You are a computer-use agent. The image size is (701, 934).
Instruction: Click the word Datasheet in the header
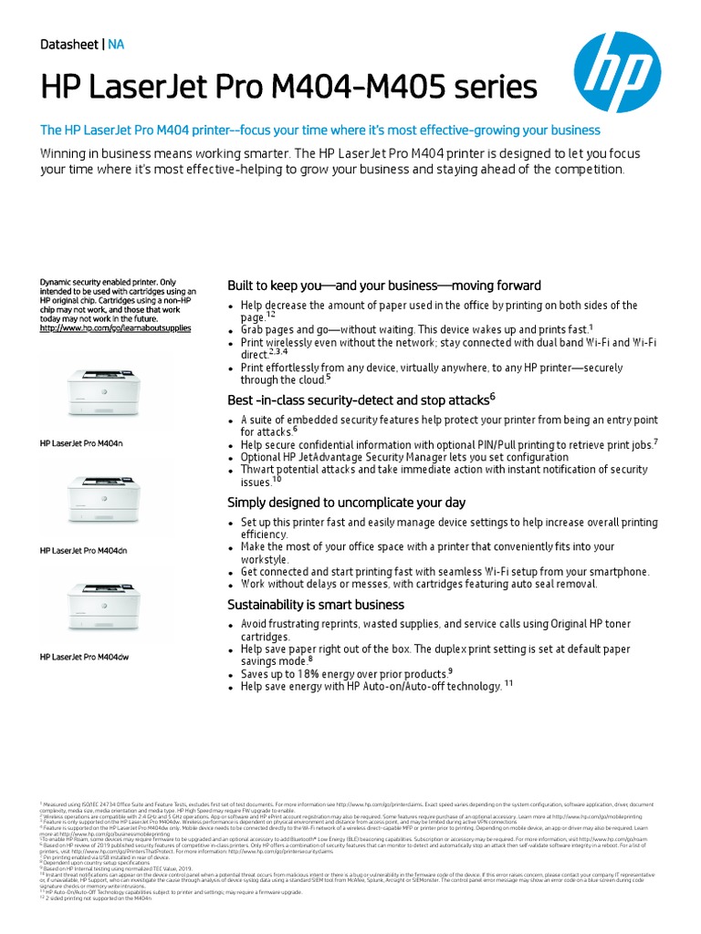[70, 44]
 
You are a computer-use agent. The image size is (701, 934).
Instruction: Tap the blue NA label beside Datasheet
[116, 44]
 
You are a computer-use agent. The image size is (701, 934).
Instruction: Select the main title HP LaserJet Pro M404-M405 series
[289, 88]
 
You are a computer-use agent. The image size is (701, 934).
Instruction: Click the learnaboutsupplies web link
[115, 327]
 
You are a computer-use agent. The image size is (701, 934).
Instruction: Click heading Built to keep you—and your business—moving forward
[383, 285]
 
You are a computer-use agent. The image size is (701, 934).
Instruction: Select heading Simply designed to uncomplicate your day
[346, 503]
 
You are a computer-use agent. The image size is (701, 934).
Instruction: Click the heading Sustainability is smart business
[315, 605]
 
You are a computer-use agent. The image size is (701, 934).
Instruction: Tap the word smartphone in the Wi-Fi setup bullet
[614, 571]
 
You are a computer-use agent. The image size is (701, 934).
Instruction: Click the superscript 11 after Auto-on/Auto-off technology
[509, 684]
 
